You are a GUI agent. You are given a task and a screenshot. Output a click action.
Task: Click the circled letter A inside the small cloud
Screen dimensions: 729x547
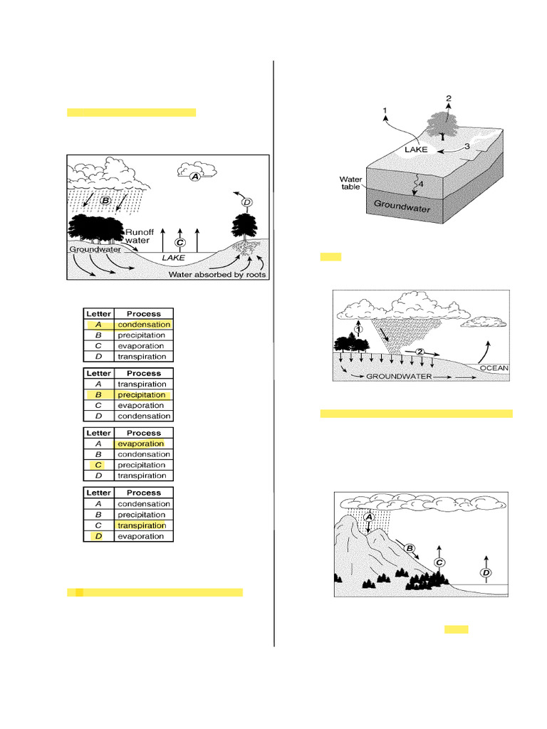195,176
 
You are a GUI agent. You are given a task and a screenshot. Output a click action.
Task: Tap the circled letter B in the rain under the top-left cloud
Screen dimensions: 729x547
105,201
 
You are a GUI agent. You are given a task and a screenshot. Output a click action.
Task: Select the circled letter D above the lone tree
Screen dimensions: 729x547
246,203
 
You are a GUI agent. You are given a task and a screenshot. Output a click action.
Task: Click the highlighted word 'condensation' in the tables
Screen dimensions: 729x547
144,325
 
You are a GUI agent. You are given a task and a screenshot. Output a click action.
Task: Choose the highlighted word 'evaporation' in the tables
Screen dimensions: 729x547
140,444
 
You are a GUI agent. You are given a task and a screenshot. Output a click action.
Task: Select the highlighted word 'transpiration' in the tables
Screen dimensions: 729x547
142,525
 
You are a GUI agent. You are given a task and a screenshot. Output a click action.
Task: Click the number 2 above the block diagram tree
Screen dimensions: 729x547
448,98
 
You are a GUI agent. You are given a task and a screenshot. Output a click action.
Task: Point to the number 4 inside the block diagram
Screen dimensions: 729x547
420,184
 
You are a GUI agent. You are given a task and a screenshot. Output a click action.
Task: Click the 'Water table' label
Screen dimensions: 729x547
351,184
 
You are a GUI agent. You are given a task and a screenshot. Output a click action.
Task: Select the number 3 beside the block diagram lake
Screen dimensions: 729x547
467,146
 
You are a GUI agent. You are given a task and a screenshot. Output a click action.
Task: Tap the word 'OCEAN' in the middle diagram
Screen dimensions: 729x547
494,368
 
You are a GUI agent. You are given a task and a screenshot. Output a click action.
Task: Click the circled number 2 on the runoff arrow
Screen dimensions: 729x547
420,352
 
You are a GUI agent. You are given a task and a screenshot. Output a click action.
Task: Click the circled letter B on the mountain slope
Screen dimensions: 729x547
410,547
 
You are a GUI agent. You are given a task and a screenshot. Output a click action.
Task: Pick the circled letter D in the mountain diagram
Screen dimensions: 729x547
486,572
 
